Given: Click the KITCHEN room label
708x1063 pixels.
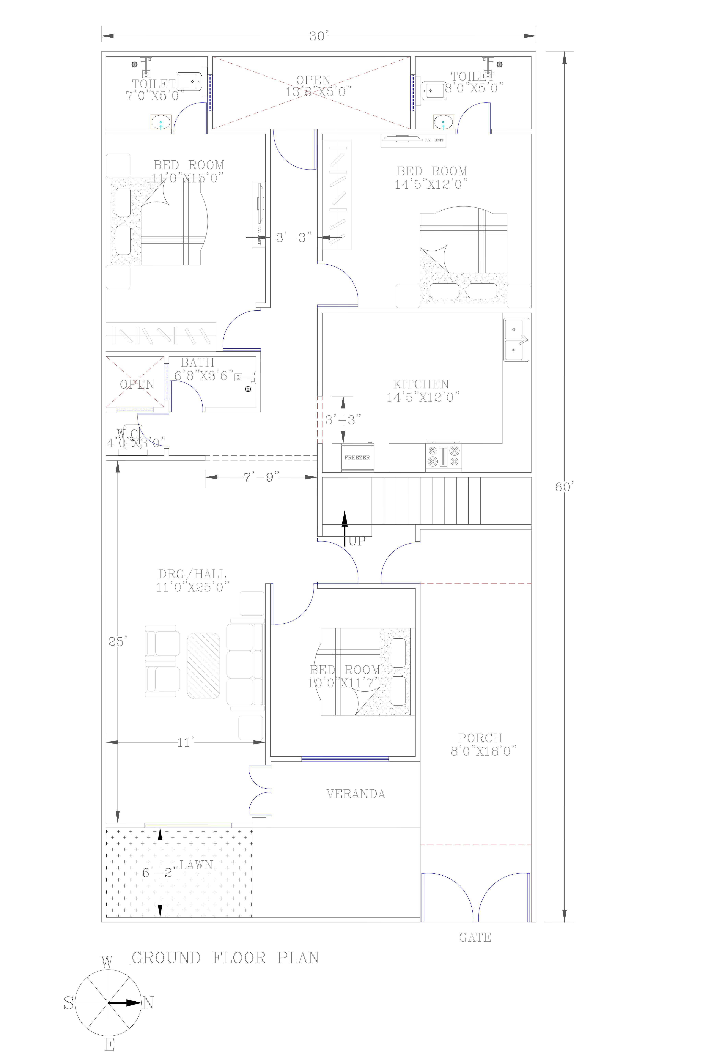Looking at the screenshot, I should (421, 385).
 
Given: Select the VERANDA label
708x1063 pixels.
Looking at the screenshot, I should (356, 794).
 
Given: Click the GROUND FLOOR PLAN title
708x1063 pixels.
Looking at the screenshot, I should (225, 958).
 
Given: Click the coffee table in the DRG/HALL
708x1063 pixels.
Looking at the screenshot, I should (204, 666).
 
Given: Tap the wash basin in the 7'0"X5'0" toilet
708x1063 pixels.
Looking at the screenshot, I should (161, 122).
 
